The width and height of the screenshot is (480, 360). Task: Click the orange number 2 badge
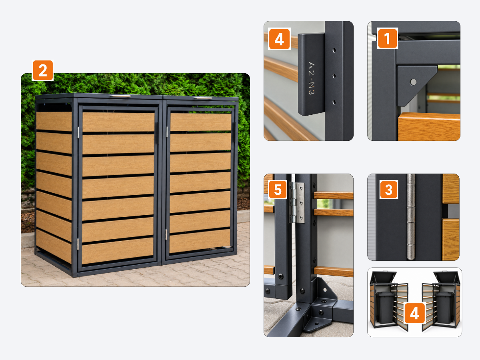pyautogui.click(x=43, y=70)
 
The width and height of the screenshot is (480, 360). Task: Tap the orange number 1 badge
pyautogui.click(x=387, y=38)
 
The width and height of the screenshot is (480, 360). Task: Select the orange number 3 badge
pyautogui.click(x=388, y=190)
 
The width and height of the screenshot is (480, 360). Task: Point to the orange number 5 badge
pyautogui.click(x=278, y=190)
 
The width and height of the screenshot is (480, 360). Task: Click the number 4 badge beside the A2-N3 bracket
pyautogui.click(x=279, y=39)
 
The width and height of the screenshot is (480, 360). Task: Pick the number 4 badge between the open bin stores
pyautogui.click(x=415, y=313)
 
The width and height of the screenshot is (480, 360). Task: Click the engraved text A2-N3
pyautogui.click(x=311, y=78)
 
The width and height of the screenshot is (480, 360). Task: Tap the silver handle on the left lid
pyautogui.click(x=120, y=96)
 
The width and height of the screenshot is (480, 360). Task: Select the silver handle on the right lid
pyautogui.click(x=203, y=98)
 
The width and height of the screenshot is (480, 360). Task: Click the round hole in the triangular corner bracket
pyautogui.click(x=413, y=82)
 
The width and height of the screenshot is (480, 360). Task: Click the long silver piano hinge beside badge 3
pyautogui.click(x=411, y=217)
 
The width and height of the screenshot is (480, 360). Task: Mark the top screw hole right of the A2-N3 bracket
pyautogui.click(x=334, y=50)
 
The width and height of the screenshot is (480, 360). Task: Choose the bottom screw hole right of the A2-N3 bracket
pyautogui.click(x=334, y=102)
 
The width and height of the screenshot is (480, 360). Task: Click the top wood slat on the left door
pyautogui.click(x=118, y=122)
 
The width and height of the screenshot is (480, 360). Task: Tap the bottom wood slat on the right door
pyautogui.click(x=200, y=241)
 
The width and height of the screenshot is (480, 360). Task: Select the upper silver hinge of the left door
pyautogui.click(x=78, y=132)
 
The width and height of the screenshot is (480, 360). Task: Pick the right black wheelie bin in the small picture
pyautogui.click(x=444, y=307)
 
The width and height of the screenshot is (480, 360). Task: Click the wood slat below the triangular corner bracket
pyautogui.click(x=429, y=126)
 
